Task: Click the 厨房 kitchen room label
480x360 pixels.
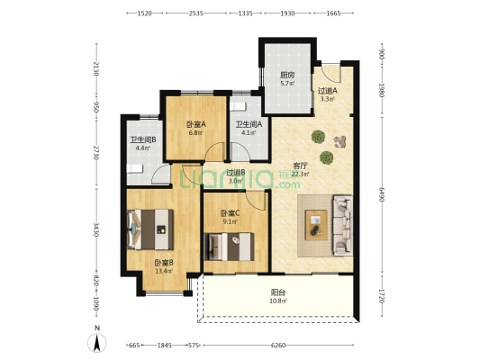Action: pos(287,76)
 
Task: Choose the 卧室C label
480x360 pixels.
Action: pos(231,212)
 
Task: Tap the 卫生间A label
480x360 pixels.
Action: pos(249,125)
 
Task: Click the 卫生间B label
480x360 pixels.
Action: pos(143,139)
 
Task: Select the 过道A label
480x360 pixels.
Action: pos(327,91)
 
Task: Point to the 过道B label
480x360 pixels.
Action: pos(236,173)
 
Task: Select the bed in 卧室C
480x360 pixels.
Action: pos(229,246)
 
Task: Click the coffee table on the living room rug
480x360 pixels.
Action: pos(316,220)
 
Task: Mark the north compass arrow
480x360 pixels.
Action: pos(96,341)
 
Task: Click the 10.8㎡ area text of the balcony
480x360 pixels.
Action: pos(279,301)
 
